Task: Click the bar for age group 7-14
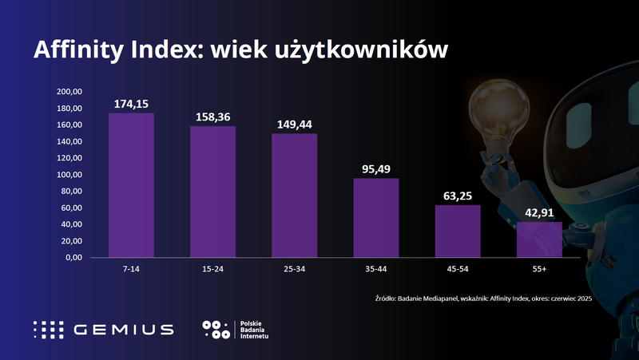point(131,185)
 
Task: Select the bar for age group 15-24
point(212,192)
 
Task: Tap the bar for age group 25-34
point(294,196)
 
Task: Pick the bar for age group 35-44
point(375,218)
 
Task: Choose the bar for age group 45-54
point(458,231)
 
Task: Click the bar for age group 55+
point(539,239)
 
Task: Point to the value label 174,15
point(131,104)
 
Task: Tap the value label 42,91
point(539,212)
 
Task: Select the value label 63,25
point(458,196)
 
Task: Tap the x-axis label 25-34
point(294,270)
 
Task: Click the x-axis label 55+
point(539,270)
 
